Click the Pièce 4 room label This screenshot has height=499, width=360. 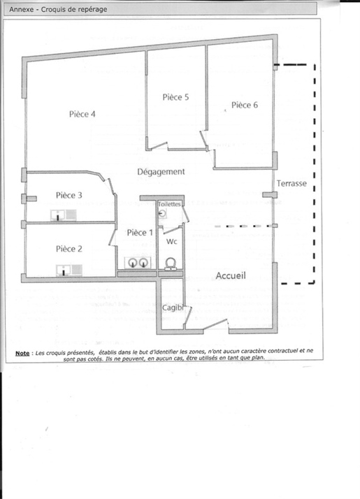click(82, 114)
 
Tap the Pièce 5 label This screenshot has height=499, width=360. click(175, 97)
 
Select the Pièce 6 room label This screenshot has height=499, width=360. click(245, 105)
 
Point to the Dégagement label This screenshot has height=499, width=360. click(161, 172)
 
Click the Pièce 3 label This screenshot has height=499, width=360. click(69, 195)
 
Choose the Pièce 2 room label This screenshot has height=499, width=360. click(69, 249)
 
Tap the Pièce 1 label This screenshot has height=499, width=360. click(140, 233)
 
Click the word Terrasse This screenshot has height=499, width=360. click(291, 183)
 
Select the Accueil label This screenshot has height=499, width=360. click(231, 275)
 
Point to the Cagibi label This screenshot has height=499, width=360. click(173, 308)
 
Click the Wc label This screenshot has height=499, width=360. click(171, 242)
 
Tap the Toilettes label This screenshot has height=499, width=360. click(169, 204)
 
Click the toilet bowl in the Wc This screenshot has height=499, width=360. click(171, 264)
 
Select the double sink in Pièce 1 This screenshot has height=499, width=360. click(138, 263)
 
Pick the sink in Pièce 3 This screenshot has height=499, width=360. click(64, 215)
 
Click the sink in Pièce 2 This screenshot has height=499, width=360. click(69, 270)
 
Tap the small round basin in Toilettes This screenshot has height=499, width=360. click(162, 214)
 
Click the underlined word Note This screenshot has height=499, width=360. click(22, 353)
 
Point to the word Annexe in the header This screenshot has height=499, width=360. click(22, 9)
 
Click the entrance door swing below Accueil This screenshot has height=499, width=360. click(215, 324)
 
